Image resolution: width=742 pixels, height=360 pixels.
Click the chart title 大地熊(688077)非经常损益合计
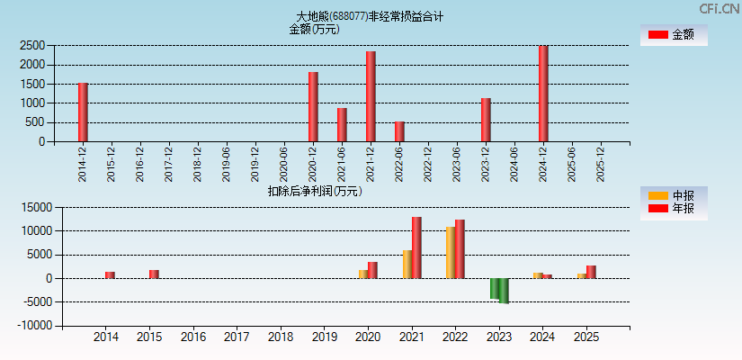click(x=370, y=16)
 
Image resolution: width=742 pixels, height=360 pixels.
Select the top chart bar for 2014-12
click(x=83, y=112)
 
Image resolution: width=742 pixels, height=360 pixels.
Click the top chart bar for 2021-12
click(x=371, y=96)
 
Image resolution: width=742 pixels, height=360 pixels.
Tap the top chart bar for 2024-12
click(x=543, y=94)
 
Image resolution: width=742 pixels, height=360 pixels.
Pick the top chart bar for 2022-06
click(x=399, y=131)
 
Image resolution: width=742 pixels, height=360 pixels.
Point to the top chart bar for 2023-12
click(x=486, y=120)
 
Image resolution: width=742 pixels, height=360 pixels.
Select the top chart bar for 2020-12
click(x=313, y=107)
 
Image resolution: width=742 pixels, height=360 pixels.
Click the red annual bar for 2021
click(x=416, y=247)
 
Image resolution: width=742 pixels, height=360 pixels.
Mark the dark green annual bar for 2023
click(x=504, y=291)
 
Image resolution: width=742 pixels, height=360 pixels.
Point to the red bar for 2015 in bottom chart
click(x=154, y=274)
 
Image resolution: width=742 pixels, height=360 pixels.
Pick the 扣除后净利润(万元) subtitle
click(x=315, y=191)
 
